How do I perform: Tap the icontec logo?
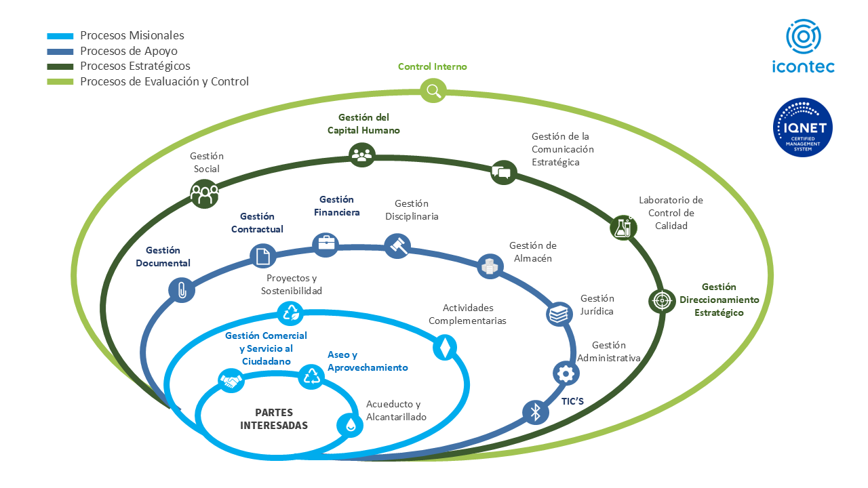tap(804, 46)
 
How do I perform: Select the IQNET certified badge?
tap(803, 128)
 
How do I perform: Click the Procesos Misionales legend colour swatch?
tap(60, 36)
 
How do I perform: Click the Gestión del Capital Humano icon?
tap(362, 155)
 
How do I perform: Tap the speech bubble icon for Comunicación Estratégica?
tap(502, 172)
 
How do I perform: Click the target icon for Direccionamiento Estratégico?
tap(661, 300)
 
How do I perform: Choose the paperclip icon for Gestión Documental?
tap(181, 290)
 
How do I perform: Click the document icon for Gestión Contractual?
tap(263, 256)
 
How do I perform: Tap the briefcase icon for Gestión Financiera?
tap(325, 243)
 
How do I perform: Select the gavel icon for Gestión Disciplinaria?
tap(397, 245)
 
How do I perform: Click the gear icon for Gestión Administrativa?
tap(566, 372)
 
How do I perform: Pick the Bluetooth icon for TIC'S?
tap(535, 411)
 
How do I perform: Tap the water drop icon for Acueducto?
tap(350, 424)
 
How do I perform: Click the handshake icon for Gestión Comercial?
tap(231, 382)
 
